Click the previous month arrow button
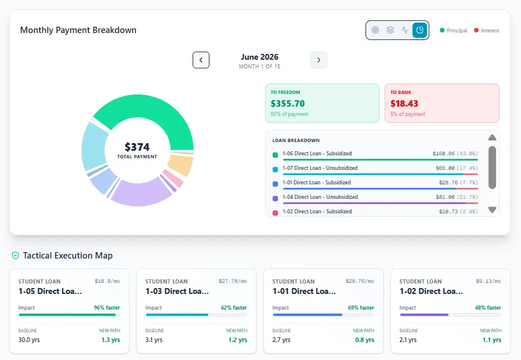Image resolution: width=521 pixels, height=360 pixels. [x=201, y=60]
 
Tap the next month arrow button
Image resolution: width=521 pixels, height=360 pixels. [x=319, y=60]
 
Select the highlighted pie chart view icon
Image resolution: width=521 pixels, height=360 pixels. [x=419, y=30]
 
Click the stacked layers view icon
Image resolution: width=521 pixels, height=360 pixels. [x=390, y=30]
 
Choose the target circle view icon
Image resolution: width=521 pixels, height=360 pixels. [x=375, y=30]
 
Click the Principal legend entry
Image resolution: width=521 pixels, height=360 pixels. [x=453, y=31]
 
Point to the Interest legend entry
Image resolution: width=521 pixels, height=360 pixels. [x=486, y=31]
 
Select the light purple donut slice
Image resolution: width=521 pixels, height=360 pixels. [x=141, y=192]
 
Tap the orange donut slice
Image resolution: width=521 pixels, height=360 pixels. [x=180, y=165]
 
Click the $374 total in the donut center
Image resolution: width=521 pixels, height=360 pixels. [x=138, y=147]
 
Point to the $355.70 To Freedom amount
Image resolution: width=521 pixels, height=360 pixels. [x=287, y=104]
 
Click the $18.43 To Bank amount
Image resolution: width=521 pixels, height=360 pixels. [x=404, y=104]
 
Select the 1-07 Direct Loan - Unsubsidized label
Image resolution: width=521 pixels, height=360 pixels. [x=320, y=168]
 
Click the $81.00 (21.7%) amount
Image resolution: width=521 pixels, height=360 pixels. [x=457, y=197]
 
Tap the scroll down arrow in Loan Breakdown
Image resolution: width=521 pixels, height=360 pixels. [x=492, y=209]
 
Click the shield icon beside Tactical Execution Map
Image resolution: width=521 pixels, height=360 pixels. [x=15, y=256]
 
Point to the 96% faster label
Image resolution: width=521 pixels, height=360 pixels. [x=107, y=307]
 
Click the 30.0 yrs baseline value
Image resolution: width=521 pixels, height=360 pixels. [x=29, y=340]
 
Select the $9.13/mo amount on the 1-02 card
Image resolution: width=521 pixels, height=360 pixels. [x=488, y=281]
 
